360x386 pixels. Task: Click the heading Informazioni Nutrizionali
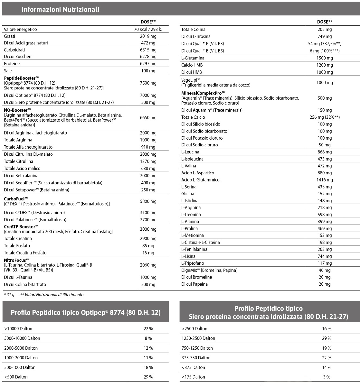pos(60,9)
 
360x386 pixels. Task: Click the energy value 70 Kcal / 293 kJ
pos(148,29)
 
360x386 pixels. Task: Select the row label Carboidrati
pos(14,50)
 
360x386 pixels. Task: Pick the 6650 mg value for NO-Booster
pos(148,117)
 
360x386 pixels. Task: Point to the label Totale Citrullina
pos(18,161)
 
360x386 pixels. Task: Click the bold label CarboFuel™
pos(16,199)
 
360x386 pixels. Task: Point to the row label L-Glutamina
pos(193,58)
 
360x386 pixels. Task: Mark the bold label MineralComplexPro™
pos(203,93)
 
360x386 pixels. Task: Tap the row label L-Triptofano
pos(193,263)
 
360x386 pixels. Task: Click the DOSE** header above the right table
pos(324,22)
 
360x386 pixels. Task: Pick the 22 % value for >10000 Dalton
pos(148,329)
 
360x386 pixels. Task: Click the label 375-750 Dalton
pos(196,358)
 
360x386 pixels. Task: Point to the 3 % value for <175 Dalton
pos(327,377)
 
